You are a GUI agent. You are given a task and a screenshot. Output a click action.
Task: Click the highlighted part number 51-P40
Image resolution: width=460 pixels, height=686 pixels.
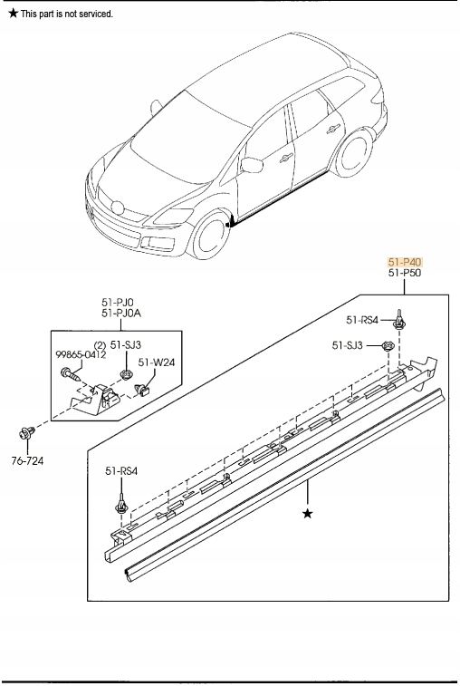405,261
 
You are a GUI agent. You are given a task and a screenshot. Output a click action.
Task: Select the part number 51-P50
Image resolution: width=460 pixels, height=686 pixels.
405,273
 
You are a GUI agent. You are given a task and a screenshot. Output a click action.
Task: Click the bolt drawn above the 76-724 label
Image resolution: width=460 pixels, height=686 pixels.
28,432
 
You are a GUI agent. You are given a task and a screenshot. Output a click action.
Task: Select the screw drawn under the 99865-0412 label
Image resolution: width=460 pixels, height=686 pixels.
70,372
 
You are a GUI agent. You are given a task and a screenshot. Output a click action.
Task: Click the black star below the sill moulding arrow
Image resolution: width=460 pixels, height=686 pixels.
308,514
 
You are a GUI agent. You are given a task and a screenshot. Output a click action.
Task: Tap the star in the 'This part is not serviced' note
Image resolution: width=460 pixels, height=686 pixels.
13,14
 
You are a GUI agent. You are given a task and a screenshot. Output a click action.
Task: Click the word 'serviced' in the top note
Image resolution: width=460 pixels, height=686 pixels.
95,14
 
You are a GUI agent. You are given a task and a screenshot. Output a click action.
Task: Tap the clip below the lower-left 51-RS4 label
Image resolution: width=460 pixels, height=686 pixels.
121,502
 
